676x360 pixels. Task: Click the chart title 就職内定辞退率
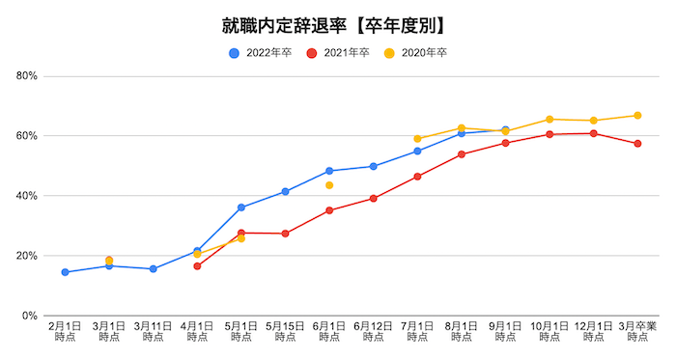tap(338, 22)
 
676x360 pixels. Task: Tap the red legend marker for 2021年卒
tap(312, 53)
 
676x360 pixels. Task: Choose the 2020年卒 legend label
tap(425, 53)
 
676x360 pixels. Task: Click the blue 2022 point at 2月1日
tap(65, 272)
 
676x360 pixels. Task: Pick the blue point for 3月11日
tap(153, 269)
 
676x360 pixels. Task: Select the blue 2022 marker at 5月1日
tap(241, 208)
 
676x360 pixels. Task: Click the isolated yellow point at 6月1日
tap(329, 185)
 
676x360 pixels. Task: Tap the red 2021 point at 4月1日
tap(197, 266)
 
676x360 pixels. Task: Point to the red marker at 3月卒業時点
tap(637, 144)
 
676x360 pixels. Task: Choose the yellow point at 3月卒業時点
tap(637, 116)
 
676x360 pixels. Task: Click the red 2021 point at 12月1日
tap(593, 133)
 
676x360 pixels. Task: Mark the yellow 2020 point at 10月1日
tap(549, 120)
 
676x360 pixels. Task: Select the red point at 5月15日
tap(285, 234)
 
